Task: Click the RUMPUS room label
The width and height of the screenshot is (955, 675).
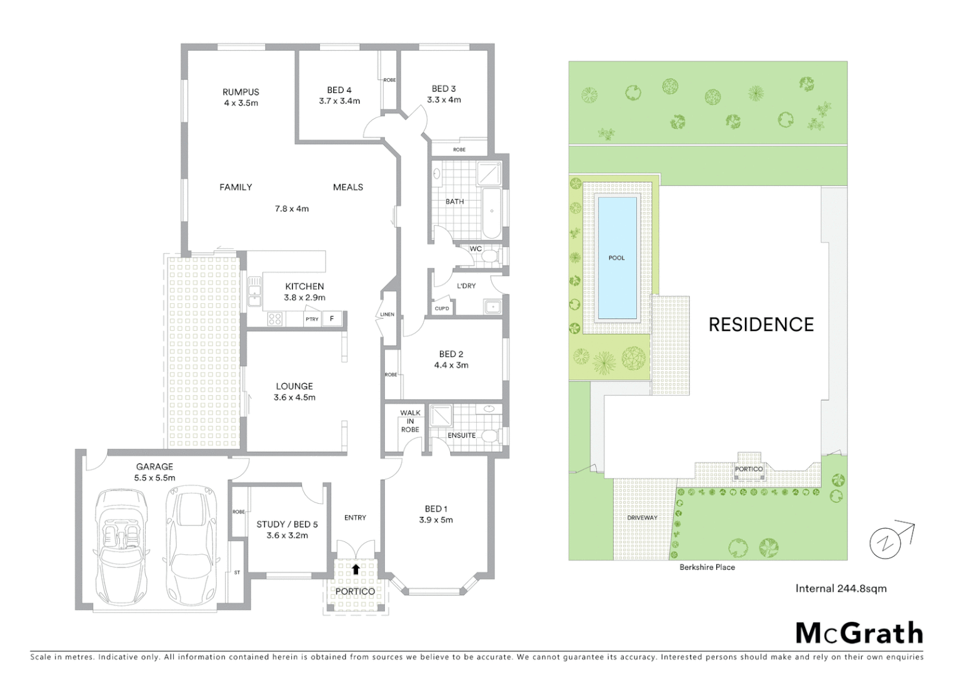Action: point(241,92)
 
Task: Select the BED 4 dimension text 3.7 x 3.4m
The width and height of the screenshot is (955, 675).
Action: point(339,101)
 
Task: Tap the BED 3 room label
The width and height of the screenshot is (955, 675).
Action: point(444,89)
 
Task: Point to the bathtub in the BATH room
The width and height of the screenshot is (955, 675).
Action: point(491,213)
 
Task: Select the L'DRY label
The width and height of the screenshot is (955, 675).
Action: point(466,286)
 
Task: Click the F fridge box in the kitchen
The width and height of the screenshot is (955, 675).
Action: point(332,319)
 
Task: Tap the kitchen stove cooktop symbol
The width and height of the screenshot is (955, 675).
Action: point(275,319)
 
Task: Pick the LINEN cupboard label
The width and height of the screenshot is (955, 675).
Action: point(387,314)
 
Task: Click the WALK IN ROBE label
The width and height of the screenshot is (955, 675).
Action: point(410,421)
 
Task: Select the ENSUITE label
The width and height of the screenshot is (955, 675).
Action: point(461,435)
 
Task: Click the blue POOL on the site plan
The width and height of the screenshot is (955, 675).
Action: point(617,257)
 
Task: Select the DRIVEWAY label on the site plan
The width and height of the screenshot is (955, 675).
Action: point(642,517)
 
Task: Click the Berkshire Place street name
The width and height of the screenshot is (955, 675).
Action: point(707,567)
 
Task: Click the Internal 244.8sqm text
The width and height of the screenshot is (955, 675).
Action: point(841,588)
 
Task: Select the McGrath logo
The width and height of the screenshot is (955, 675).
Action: point(859,633)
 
